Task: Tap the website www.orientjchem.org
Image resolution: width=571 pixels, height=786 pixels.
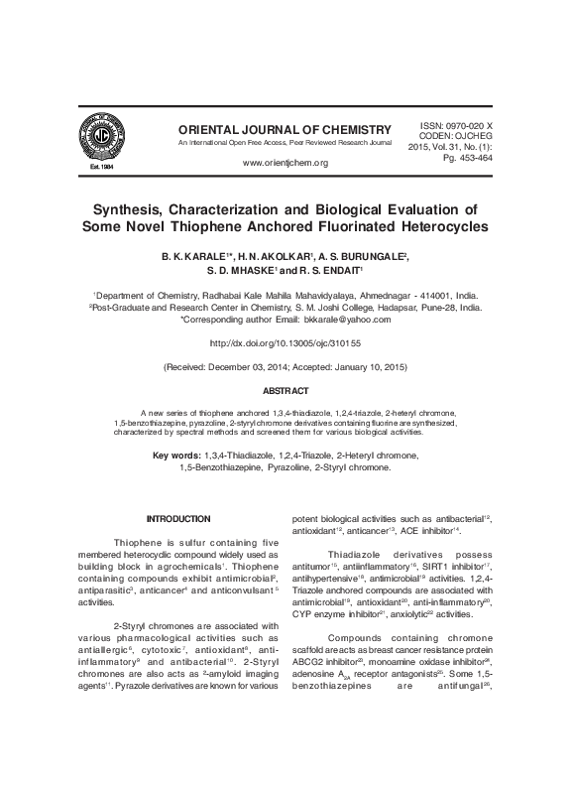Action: point(285,162)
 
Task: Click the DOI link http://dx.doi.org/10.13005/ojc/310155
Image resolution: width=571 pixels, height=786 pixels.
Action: point(285,343)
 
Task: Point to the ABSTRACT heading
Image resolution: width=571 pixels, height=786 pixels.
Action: point(285,391)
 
